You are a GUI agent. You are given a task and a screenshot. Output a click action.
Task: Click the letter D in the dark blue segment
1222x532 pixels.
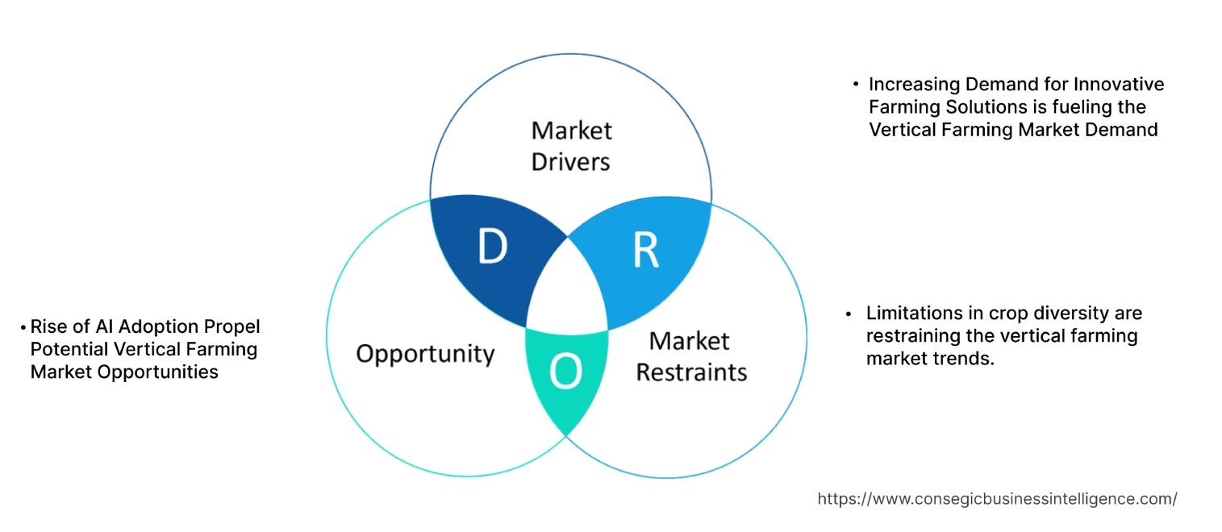coord(491,247)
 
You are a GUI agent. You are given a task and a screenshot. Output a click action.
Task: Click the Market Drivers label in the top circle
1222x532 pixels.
coord(571,146)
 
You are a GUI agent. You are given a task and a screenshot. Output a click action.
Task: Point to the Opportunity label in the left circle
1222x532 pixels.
coord(425,353)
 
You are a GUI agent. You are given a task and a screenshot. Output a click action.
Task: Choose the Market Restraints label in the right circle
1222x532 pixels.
coord(691,356)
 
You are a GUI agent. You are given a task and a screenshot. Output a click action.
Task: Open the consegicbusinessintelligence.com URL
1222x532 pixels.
coord(997,499)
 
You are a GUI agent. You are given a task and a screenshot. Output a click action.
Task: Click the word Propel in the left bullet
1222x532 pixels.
coord(234,326)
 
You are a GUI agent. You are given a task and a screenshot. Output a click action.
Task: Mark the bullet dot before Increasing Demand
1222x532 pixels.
coord(856,84)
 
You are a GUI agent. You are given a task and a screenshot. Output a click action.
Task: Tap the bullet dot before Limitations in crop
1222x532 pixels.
coord(849,313)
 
